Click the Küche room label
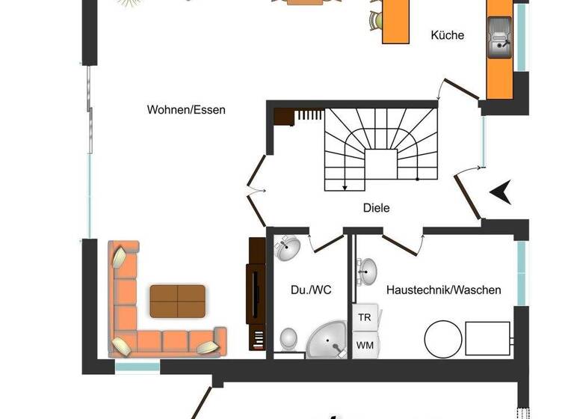[x=448, y=35]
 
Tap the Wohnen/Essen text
[x=186, y=110]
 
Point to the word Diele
[x=376, y=208]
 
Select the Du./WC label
[x=305, y=290]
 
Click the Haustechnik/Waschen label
[x=443, y=290]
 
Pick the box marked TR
[x=364, y=317]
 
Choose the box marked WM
[x=364, y=345]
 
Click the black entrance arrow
[x=500, y=192]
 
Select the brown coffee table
[x=177, y=301]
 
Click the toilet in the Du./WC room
[x=288, y=339]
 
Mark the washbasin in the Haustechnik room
[x=366, y=271]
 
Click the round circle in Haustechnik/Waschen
[x=443, y=339]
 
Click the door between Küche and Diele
[x=458, y=89]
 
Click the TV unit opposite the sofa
[x=256, y=293]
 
